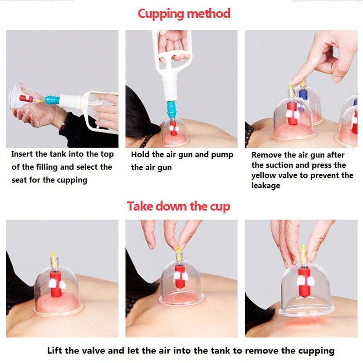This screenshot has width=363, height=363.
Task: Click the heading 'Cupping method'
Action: click(x=184, y=13)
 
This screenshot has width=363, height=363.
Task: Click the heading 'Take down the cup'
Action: click(x=178, y=206)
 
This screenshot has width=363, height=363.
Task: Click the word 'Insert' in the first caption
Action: click(x=23, y=154)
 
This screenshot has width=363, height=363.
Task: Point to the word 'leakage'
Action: click(x=266, y=186)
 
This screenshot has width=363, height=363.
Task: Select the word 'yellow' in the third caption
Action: click(x=264, y=175)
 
